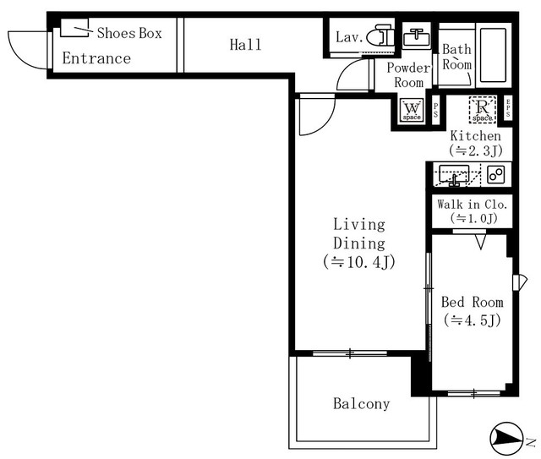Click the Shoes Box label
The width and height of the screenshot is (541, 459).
(x=128, y=34)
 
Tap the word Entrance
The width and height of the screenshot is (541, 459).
(x=96, y=58)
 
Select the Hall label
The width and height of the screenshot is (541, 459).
(x=245, y=44)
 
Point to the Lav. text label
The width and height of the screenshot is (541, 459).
(x=349, y=37)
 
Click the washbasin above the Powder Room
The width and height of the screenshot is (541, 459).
(x=415, y=37)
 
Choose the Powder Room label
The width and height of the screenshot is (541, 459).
(x=409, y=75)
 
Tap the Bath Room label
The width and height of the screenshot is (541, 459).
(x=456, y=57)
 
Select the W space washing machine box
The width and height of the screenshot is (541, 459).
(x=412, y=110)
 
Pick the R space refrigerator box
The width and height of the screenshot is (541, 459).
(x=482, y=110)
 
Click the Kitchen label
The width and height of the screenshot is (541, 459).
(x=475, y=136)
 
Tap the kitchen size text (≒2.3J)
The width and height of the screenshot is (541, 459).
(x=475, y=150)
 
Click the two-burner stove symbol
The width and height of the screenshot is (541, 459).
(x=495, y=175)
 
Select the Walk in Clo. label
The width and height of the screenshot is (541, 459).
(x=471, y=205)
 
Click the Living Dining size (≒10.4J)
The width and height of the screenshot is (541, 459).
(x=358, y=261)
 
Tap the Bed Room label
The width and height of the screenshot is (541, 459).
(x=472, y=302)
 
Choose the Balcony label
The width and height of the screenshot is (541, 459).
(x=361, y=404)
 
